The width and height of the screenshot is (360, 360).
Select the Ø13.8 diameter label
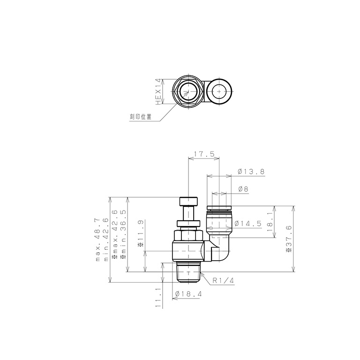pyautogui.click(x=251, y=172)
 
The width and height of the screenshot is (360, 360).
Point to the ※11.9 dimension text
pyautogui.click(x=140, y=232)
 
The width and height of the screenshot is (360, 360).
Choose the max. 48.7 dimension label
pyautogui.click(x=99, y=240)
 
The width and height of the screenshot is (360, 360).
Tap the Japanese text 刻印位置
pyautogui.click(x=141, y=117)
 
